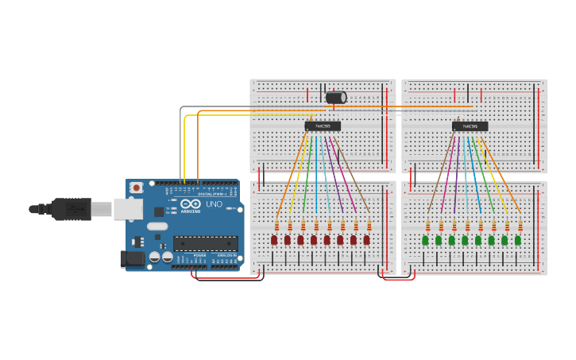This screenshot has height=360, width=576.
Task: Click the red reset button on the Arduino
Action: tap(137, 188)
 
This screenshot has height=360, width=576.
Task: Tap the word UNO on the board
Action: tap(214, 204)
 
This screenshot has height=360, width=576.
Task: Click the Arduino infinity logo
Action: tap(190, 204)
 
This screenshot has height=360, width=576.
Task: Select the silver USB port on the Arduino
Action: tap(127, 209)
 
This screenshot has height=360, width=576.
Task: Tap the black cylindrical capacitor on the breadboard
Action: tap(336, 98)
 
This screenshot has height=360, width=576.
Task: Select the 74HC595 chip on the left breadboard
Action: tap(323, 126)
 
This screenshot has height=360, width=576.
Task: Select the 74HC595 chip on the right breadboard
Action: tap(470, 126)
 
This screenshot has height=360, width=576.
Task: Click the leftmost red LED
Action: tap(274, 239)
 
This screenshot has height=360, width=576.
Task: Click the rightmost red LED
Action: tap(366, 239)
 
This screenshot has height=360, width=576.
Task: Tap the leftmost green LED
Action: tap(425, 239)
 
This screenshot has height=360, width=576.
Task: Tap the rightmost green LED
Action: tap(517, 239)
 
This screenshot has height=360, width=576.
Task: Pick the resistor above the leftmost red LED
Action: tap(277, 225)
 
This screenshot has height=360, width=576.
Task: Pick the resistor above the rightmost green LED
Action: tap(520, 225)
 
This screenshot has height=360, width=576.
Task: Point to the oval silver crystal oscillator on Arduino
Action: tap(157, 226)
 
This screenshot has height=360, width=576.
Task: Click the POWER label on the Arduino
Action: tap(199, 255)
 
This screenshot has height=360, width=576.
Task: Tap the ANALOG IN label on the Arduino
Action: tap(227, 255)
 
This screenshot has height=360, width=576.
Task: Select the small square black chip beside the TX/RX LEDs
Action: tap(159, 211)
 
